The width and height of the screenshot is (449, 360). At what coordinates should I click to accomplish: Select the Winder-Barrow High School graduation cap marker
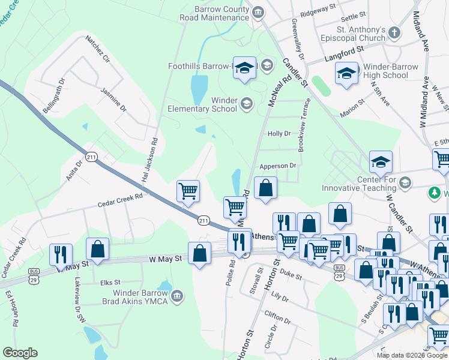[x=346, y=73]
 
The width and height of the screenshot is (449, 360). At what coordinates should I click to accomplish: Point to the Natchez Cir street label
[x=98, y=50]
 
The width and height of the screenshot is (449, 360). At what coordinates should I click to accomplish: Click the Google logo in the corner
[x=20, y=353]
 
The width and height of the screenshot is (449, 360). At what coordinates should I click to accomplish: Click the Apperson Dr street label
[x=278, y=166]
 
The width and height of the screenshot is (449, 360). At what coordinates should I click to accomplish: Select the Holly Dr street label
[x=279, y=134]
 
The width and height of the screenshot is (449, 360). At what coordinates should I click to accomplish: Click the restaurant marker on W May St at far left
[x=61, y=254]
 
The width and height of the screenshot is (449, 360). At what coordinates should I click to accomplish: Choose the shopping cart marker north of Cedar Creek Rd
[x=188, y=191]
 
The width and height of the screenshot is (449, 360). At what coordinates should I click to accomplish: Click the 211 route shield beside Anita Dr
[x=91, y=156]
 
